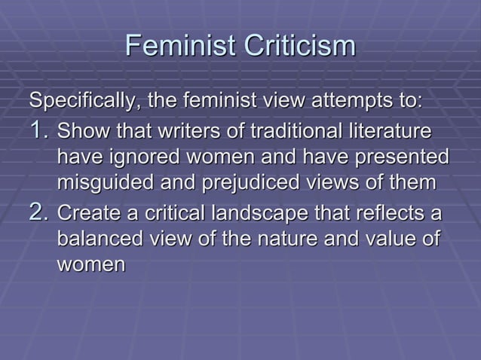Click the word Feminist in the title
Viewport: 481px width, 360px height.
tap(176, 47)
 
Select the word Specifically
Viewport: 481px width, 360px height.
tap(82, 101)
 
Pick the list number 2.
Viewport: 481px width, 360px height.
tap(39, 214)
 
